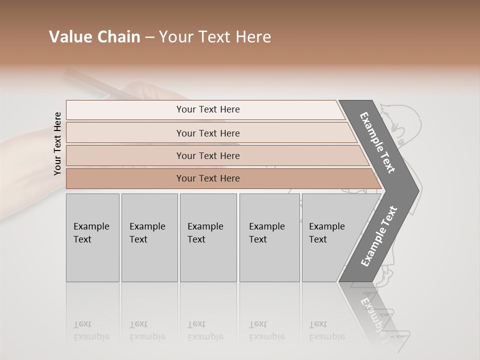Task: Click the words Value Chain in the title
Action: point(94,37)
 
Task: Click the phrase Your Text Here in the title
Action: point(215,37)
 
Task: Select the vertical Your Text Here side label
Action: point(57,143)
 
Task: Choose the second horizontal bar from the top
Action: point(207,133)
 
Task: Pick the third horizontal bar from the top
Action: point(207,155)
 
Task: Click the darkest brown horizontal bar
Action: point(207,178)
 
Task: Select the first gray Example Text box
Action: point(92,237)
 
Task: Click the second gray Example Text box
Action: point(149,237)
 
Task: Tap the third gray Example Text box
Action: point(207,237)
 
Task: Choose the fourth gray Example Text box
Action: point(269,237)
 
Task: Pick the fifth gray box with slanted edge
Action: point(330,237)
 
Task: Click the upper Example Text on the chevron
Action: point(378,142)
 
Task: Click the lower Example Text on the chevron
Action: point(378,236)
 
